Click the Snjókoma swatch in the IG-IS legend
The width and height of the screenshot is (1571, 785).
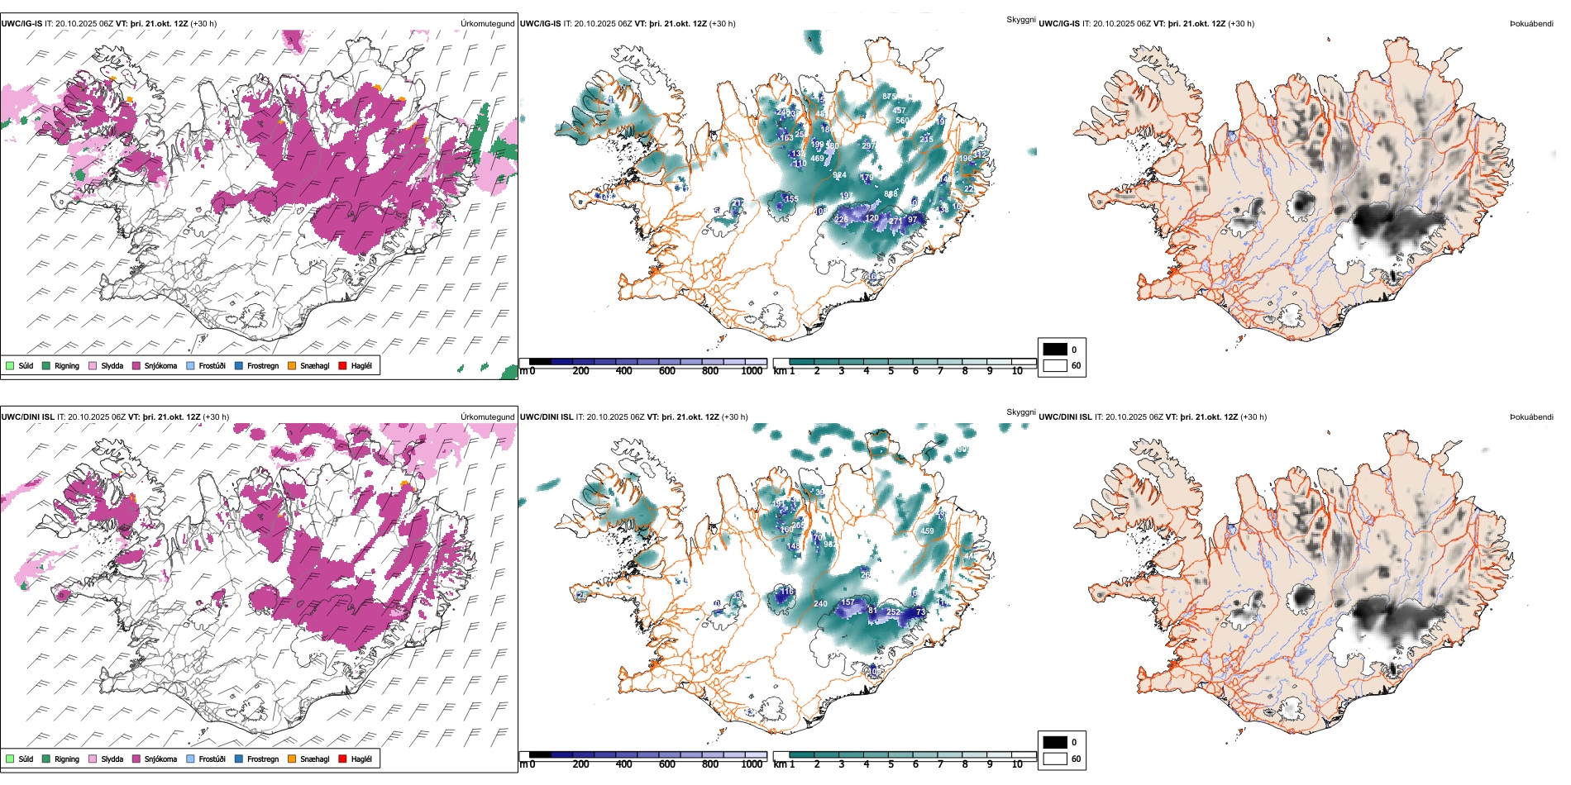tap(136, 365)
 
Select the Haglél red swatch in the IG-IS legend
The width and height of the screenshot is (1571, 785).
tap(343, 365)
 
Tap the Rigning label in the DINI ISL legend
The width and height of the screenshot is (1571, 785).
tap(67, 759)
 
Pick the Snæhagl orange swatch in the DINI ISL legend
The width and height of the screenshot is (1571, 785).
tap(292, 759)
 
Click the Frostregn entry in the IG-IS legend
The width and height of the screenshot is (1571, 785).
tap(263, 365)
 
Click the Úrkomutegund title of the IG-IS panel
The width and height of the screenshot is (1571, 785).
tap(487, 23)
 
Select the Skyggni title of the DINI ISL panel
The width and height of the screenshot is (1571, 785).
tap(1020, 412)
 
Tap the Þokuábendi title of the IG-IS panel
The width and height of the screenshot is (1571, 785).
tap(1531, 23)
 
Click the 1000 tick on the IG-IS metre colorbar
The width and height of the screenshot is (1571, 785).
tap(752, 371)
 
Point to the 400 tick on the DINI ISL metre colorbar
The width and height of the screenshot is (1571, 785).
tap(624, 764)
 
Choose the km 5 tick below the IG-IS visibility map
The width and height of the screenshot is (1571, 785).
tap(891, 371)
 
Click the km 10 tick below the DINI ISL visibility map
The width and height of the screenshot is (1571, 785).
tap(1017, 764)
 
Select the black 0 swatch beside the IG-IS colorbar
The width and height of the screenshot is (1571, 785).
tap(1055, 350)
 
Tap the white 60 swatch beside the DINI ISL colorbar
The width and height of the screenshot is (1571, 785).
tap(1055, 759)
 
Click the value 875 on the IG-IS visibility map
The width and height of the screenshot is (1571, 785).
tap(889, 97)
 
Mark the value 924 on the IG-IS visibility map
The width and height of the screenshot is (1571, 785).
tap(839, 175)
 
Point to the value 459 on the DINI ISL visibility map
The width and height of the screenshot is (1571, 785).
tap(927, 531)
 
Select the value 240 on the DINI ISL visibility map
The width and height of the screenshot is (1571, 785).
tap(820, 604)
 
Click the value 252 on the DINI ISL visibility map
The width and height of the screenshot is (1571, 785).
tap(893, 612)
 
